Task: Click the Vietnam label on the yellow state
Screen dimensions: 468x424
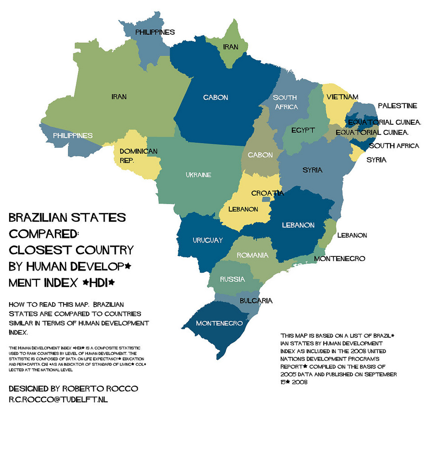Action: tap(342, 97)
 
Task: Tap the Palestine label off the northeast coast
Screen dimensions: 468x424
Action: tap(397, 106)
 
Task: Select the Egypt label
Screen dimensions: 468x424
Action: tap(303, 130)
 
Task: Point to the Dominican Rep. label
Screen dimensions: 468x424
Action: tap(138, 155)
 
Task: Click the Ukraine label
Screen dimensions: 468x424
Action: tap(199, 175)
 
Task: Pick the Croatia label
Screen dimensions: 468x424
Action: tap(268, 193)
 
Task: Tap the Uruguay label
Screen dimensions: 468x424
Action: tap(208, 240)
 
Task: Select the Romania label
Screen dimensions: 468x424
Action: tap(252, 255)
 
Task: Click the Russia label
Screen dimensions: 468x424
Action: tap(232, 279)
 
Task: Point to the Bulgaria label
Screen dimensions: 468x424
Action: tap(256, 300)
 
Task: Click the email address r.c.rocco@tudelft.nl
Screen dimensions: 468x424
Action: tap(58, 399)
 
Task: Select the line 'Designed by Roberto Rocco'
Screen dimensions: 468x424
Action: tap(73, 388)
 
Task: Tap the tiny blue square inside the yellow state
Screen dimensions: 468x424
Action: tap(266, 199)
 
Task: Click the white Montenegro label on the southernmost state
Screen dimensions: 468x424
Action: tap(219, 323)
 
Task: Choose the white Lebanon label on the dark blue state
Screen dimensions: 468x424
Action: tap(298, 225)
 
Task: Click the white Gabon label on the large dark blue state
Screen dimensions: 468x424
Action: tap(215, 97)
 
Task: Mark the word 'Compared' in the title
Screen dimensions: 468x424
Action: tap(43, 233)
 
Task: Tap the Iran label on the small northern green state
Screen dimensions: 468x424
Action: tap(231, 47)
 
